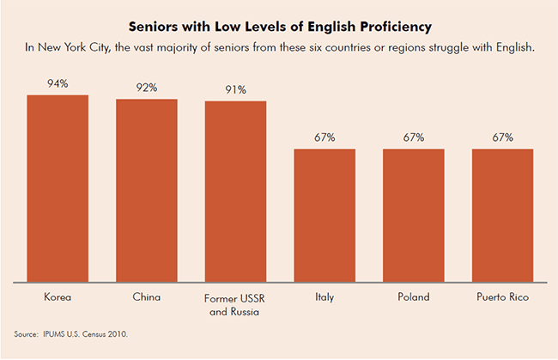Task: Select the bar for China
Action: (147, 190)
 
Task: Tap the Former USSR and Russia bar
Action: (235, 191)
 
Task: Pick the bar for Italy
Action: (324, 215)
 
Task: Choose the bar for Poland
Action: (414, 215)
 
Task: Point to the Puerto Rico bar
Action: (503, 215)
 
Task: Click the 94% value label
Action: (58, 84)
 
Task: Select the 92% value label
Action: (147, 88)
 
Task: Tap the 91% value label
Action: (236, 89)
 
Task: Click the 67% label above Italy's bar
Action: (324, 137)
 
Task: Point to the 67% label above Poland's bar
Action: (414, 137)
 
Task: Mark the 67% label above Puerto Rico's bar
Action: (503, 137)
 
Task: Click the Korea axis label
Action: (58, 297)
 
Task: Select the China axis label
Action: (147, 297)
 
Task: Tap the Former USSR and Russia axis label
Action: (236, 304)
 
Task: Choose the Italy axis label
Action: (324, 297)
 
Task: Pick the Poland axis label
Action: (414, 297)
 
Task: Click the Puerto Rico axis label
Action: (503, 297)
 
